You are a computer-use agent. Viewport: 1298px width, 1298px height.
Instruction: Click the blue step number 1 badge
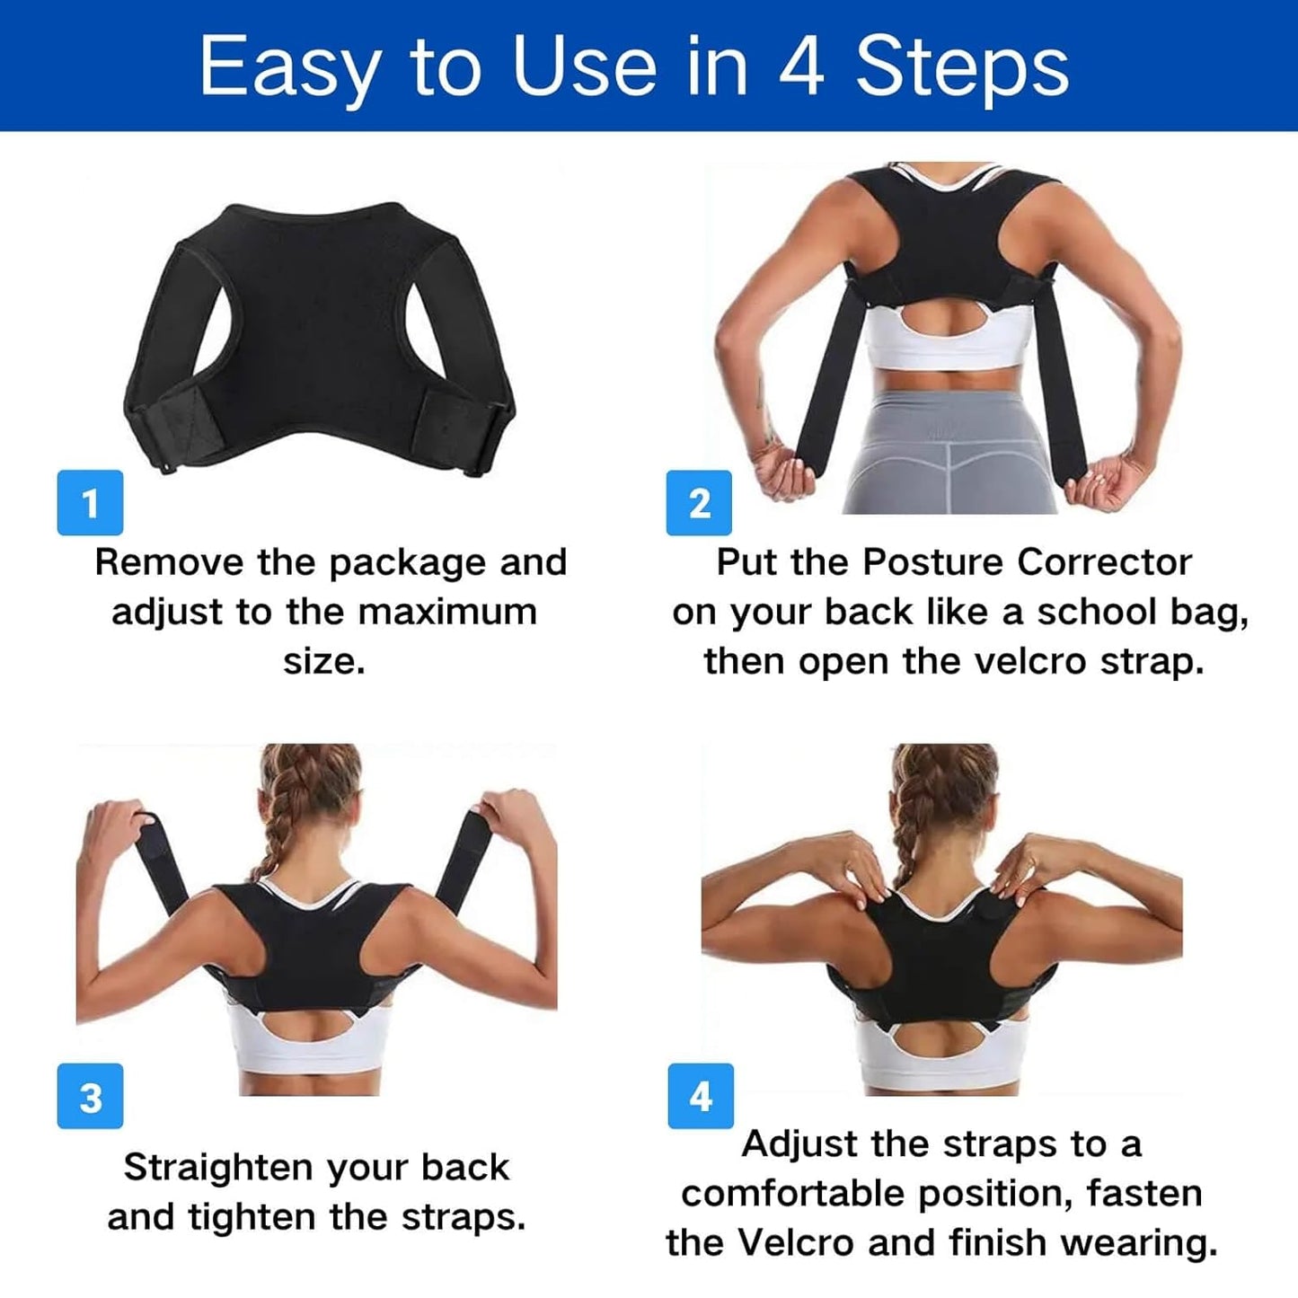pyautogui.click(x=90, y=503)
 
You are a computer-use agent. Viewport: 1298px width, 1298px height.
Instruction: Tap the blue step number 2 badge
pyautogui.click(x=699, y=503)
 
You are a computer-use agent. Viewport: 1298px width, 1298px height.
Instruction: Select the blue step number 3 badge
pyautogui.click(x=90, y=1097)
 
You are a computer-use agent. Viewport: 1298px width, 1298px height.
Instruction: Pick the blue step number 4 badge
pyautogui.click(x=701, y=1096)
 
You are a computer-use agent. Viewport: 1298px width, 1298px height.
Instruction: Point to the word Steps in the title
pyautogui.click(x=962, y=67)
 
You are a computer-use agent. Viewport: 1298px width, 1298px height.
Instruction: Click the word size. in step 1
pyautogui.click(x=324, y=662)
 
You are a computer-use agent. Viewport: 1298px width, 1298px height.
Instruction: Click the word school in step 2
pyautogui.click(x=1097, y=613)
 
